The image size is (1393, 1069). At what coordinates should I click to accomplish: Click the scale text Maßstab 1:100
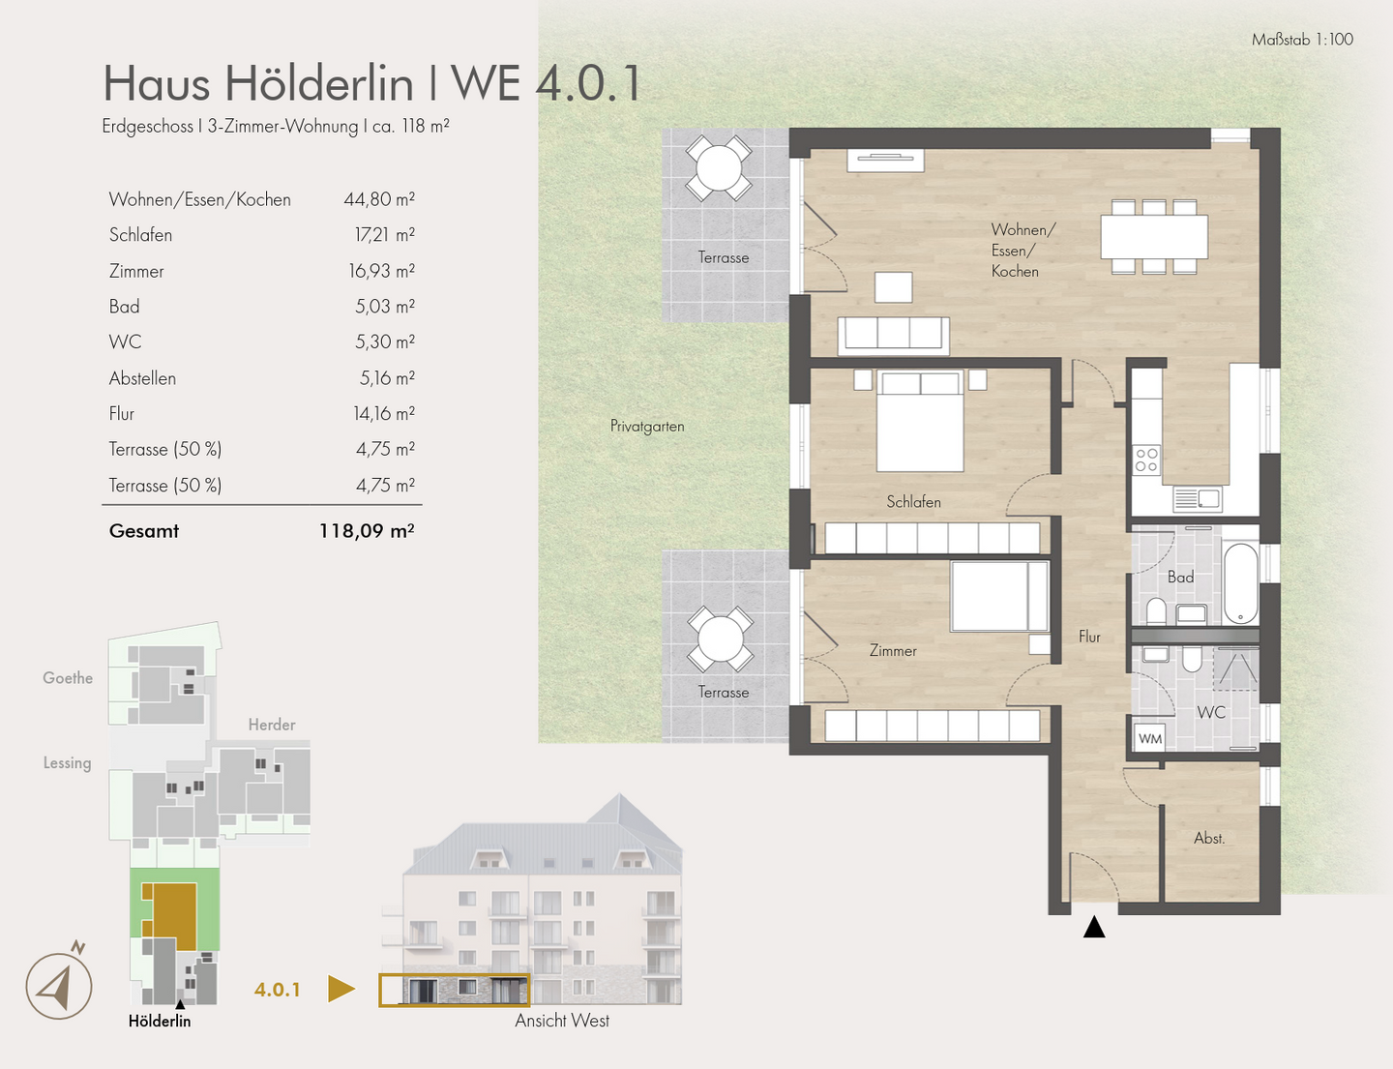[1302, 40]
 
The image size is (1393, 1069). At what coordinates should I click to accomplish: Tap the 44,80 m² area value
[379, 199]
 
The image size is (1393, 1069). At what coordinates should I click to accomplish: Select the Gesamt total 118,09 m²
[367, 531]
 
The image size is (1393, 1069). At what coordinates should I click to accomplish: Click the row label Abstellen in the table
[142, 378]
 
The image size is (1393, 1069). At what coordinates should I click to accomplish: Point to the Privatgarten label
[647, 426]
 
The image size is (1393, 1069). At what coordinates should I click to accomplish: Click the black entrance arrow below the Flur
[1094, 928]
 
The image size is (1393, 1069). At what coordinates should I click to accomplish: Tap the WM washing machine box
[1149, 738]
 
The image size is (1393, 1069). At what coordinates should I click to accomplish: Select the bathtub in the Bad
[1240, 583]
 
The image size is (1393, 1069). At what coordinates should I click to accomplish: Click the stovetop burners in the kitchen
[1146, 460]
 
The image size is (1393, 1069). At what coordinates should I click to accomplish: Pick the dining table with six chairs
[1154, 237]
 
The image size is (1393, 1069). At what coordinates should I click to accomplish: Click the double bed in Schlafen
[920, 421]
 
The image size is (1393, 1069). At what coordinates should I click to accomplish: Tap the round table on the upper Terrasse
[719, 168]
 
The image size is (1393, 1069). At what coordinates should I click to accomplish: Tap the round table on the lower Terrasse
[720, 639]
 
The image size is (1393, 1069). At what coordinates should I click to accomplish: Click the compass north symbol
[59, 986]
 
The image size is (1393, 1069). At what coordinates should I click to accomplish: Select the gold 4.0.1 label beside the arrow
[278, 990]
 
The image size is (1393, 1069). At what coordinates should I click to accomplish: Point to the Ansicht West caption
[562, 1021]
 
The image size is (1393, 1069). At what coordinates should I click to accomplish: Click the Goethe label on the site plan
[68, 678]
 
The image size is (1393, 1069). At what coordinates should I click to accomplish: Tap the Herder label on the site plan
[272, 725]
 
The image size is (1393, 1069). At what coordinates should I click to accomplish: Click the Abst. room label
[1209, 839]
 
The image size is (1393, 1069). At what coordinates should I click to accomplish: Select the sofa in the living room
[893, 334]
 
